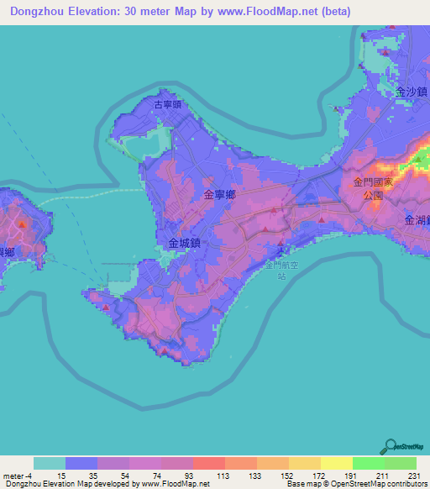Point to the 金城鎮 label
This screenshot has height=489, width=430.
184,243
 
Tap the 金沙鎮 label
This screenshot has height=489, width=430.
412,92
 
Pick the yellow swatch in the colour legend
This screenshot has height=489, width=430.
336,464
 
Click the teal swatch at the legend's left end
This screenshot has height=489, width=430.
50,464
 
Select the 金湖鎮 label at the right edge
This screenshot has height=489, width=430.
417,220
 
